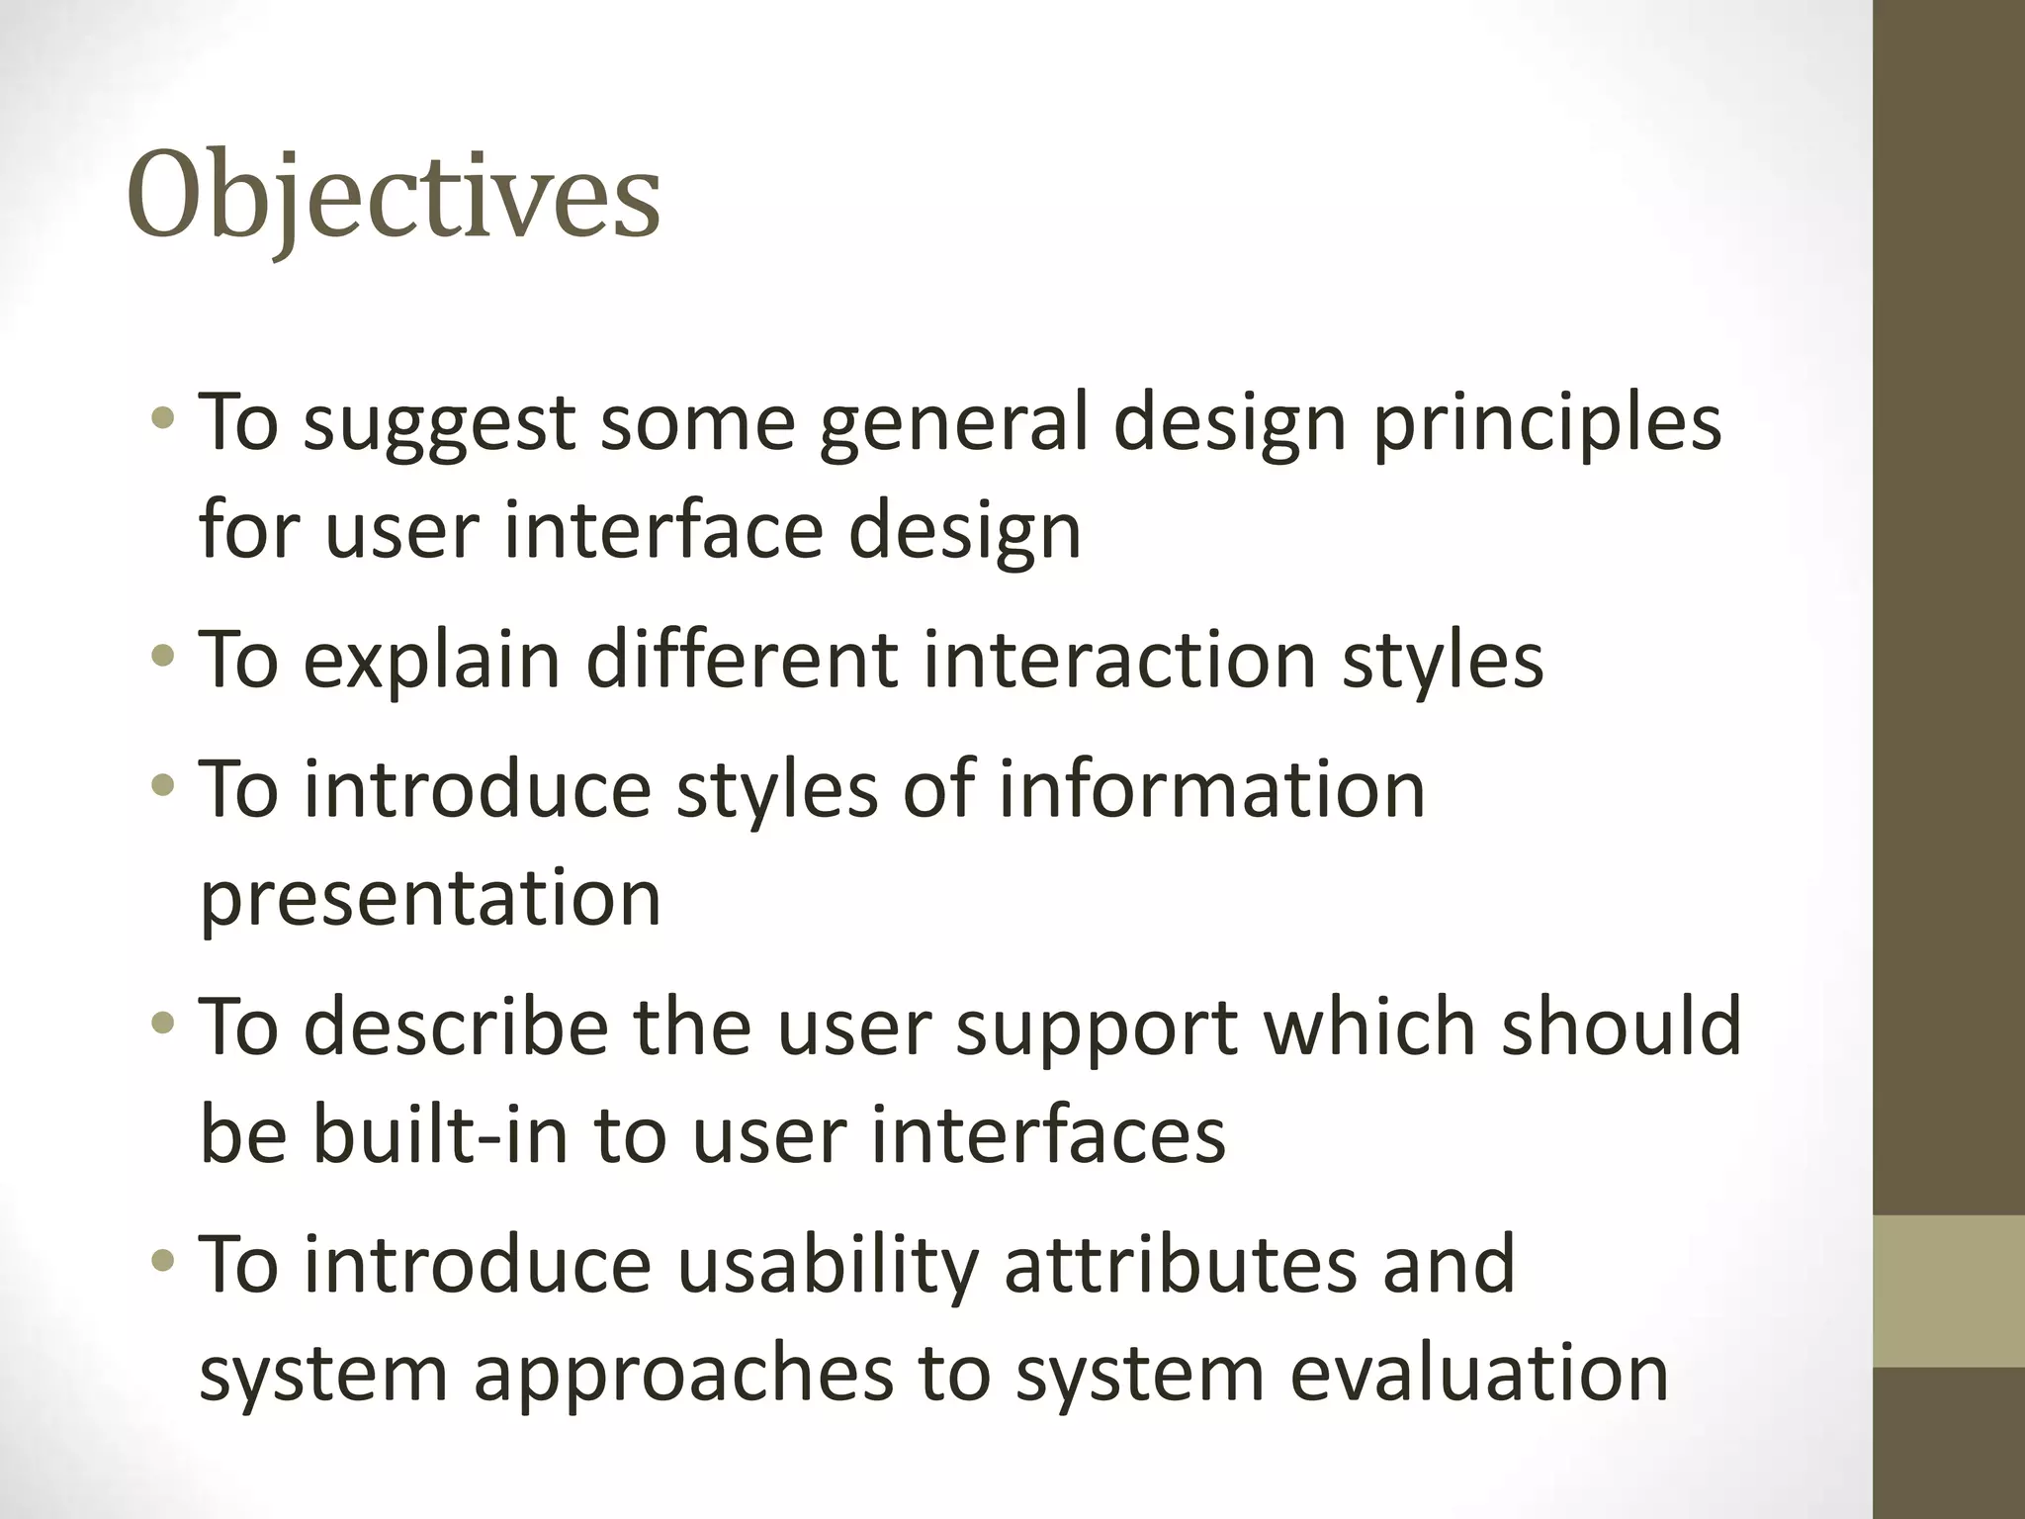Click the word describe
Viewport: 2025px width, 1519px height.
tap(455, 1027)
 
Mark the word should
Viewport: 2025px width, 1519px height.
tap(1622, 1027)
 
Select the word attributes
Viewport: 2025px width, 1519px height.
tap(1181, 1266)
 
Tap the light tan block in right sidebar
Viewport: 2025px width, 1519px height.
tap(1948, 1292)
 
